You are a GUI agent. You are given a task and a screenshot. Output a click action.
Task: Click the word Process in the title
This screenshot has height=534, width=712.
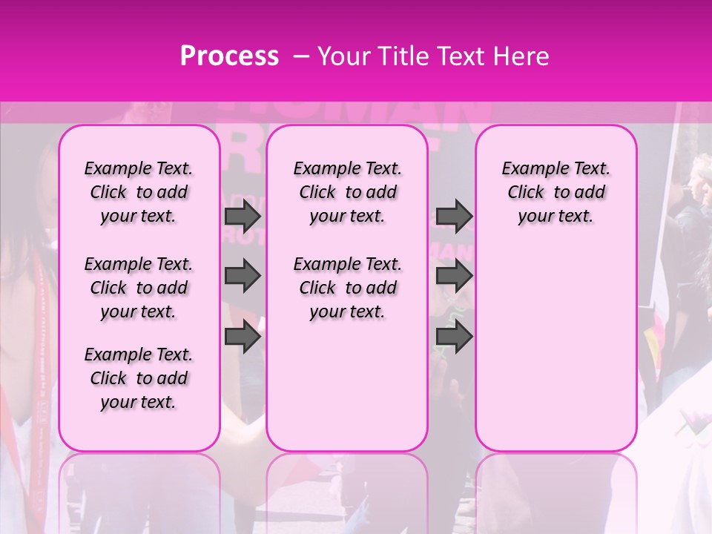pos(229,56)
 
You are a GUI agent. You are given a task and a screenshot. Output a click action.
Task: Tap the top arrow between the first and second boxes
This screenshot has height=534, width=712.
pos(243,216)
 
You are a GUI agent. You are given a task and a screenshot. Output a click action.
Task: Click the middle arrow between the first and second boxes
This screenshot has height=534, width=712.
pos(243,276)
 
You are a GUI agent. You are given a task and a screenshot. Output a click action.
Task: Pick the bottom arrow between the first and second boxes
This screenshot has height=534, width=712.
pos(243,337)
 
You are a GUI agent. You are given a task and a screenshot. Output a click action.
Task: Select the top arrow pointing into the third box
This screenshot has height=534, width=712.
pos(454,216)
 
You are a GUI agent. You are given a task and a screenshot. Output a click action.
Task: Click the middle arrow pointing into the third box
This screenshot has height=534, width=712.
pos(454,276)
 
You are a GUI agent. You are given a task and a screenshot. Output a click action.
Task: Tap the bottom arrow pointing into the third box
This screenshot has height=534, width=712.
pos(454,337)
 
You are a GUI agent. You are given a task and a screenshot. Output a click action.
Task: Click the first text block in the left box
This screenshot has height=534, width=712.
pos(139,192)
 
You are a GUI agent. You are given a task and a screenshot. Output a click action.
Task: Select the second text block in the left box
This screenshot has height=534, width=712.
pos(139,288)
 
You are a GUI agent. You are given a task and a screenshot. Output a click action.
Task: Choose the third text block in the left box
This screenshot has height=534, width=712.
pos(139,378)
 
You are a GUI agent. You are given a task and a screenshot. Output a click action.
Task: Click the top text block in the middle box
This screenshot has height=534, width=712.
pos(347,192)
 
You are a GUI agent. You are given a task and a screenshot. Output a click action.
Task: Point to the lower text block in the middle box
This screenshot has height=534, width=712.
pos(347,288)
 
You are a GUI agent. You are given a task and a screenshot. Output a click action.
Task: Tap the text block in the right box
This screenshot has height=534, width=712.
pos(556,192)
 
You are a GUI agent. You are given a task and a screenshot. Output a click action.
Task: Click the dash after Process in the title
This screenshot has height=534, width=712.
pos(300,56)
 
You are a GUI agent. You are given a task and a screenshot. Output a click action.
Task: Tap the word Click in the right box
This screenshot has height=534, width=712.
pos(526,193)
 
